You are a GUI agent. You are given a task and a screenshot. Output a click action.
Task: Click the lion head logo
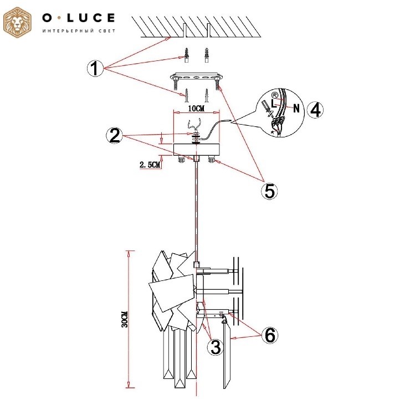(17, 22)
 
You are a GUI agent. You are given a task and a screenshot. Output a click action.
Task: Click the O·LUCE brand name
(79, 18)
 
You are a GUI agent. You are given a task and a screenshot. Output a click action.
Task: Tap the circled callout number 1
(95, 68)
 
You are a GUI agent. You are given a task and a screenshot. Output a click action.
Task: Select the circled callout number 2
(115, 136)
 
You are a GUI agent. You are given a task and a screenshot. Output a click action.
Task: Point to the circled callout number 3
(216, 347)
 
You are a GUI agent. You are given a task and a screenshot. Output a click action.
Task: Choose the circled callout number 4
(315, 110)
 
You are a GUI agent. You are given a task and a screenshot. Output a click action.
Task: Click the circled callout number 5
(270, 191)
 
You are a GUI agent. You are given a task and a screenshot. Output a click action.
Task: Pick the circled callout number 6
(270, 335)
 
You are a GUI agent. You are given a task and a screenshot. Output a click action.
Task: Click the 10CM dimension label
(196, 108)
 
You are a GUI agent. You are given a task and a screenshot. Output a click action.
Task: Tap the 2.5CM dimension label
(150, 165)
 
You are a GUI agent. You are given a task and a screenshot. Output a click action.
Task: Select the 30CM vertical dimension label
(125, 319)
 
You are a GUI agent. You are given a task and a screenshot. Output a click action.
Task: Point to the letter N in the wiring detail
(296, 107)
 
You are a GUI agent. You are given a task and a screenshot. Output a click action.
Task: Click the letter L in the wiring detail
(274, 103)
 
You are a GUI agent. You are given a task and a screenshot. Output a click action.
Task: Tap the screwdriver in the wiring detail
(267, 109)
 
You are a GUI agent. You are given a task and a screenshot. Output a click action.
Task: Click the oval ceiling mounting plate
(197, 77)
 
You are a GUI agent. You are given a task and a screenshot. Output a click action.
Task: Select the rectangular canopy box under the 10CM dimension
(197, 149)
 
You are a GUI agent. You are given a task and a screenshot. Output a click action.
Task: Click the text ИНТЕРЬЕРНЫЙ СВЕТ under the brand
(79, 31)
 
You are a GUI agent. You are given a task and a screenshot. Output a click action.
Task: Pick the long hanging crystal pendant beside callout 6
(227, 354)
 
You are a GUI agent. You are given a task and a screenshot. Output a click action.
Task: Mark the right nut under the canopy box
(211, 159)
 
